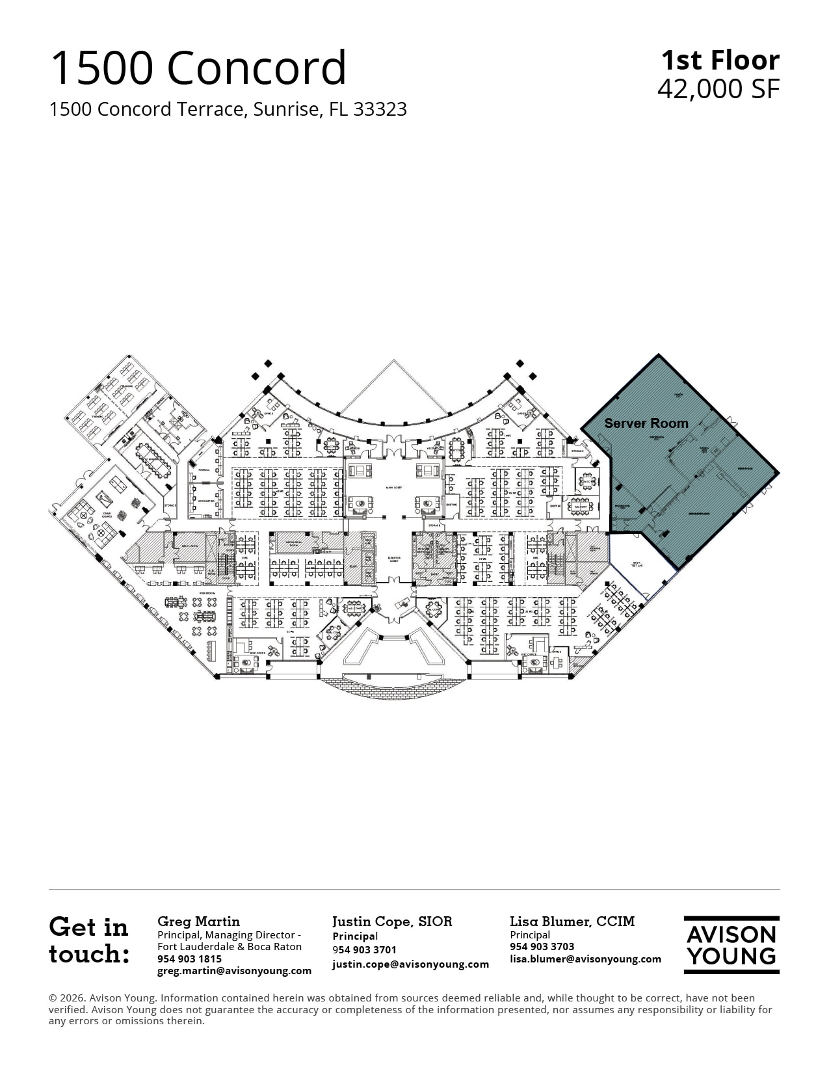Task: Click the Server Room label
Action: [x=646, y=423]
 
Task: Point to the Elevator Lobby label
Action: [x=393, y=559]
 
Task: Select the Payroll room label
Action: [x=204, y=470]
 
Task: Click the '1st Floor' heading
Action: [x=720, y=60]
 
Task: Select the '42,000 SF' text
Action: [x=718, y=89]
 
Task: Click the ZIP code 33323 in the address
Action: [x=380, y=109]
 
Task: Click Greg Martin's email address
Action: [x=234, y=971]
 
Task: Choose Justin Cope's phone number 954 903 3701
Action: [x=364, y=950]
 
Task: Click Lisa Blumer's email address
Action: [x=585, y=959]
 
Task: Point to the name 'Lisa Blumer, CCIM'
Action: [x=572, y=921]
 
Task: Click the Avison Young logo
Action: [x=731, y=945]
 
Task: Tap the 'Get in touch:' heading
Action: [x=89, y=940]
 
